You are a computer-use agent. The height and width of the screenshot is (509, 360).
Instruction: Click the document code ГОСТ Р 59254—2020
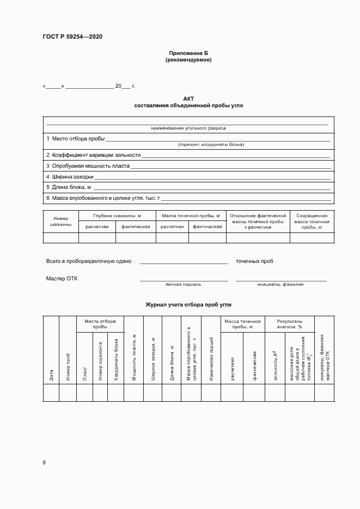[72, 37]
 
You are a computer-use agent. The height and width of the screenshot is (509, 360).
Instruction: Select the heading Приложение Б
[188, 53]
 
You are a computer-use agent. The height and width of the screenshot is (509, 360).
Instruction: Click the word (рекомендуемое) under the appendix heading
[188, 60]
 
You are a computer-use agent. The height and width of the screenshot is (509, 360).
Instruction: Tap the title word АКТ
[188, 99]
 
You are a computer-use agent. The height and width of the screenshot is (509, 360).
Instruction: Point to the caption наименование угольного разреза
[188, 128]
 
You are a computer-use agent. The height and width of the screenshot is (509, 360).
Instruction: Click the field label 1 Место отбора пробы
[75, 139]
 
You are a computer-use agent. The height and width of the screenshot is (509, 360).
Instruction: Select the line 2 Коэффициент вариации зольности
[93, 155]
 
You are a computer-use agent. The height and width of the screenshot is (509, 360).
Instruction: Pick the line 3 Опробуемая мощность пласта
[88, 166]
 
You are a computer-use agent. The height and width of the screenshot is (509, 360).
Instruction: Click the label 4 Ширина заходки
[70, 177]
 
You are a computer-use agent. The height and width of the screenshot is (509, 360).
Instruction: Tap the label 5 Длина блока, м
[68, 187]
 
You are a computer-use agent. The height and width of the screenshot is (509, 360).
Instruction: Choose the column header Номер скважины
[60, 220]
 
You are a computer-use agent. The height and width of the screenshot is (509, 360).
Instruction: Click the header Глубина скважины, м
[117, 216]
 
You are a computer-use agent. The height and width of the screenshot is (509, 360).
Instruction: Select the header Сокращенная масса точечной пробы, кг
[312, 222]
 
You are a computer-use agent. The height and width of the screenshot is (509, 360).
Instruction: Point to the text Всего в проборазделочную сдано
[89, 261]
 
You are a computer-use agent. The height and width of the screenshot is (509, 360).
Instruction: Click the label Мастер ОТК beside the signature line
[62, 279]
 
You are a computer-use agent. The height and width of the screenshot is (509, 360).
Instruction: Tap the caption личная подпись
[184, 284]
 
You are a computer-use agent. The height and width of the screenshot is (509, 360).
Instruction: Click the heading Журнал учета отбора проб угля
[188, 305]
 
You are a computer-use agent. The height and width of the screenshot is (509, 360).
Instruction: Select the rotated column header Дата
[51, 375]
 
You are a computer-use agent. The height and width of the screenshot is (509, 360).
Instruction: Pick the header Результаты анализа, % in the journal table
[290, 324]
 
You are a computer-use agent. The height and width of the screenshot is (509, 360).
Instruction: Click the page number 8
[44, 462]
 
